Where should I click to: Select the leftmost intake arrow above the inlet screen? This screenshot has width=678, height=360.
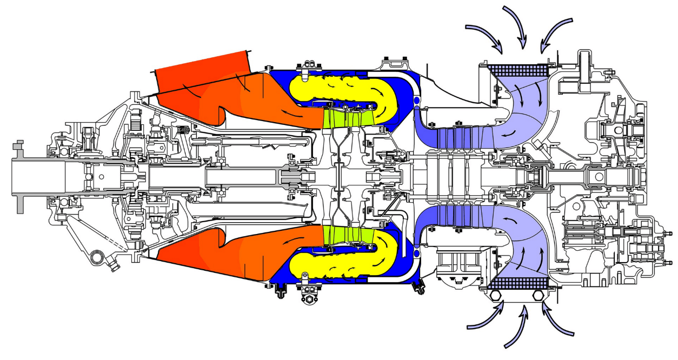click(484, 37)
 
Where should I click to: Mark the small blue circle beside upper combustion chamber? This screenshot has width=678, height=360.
click(417, 101)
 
